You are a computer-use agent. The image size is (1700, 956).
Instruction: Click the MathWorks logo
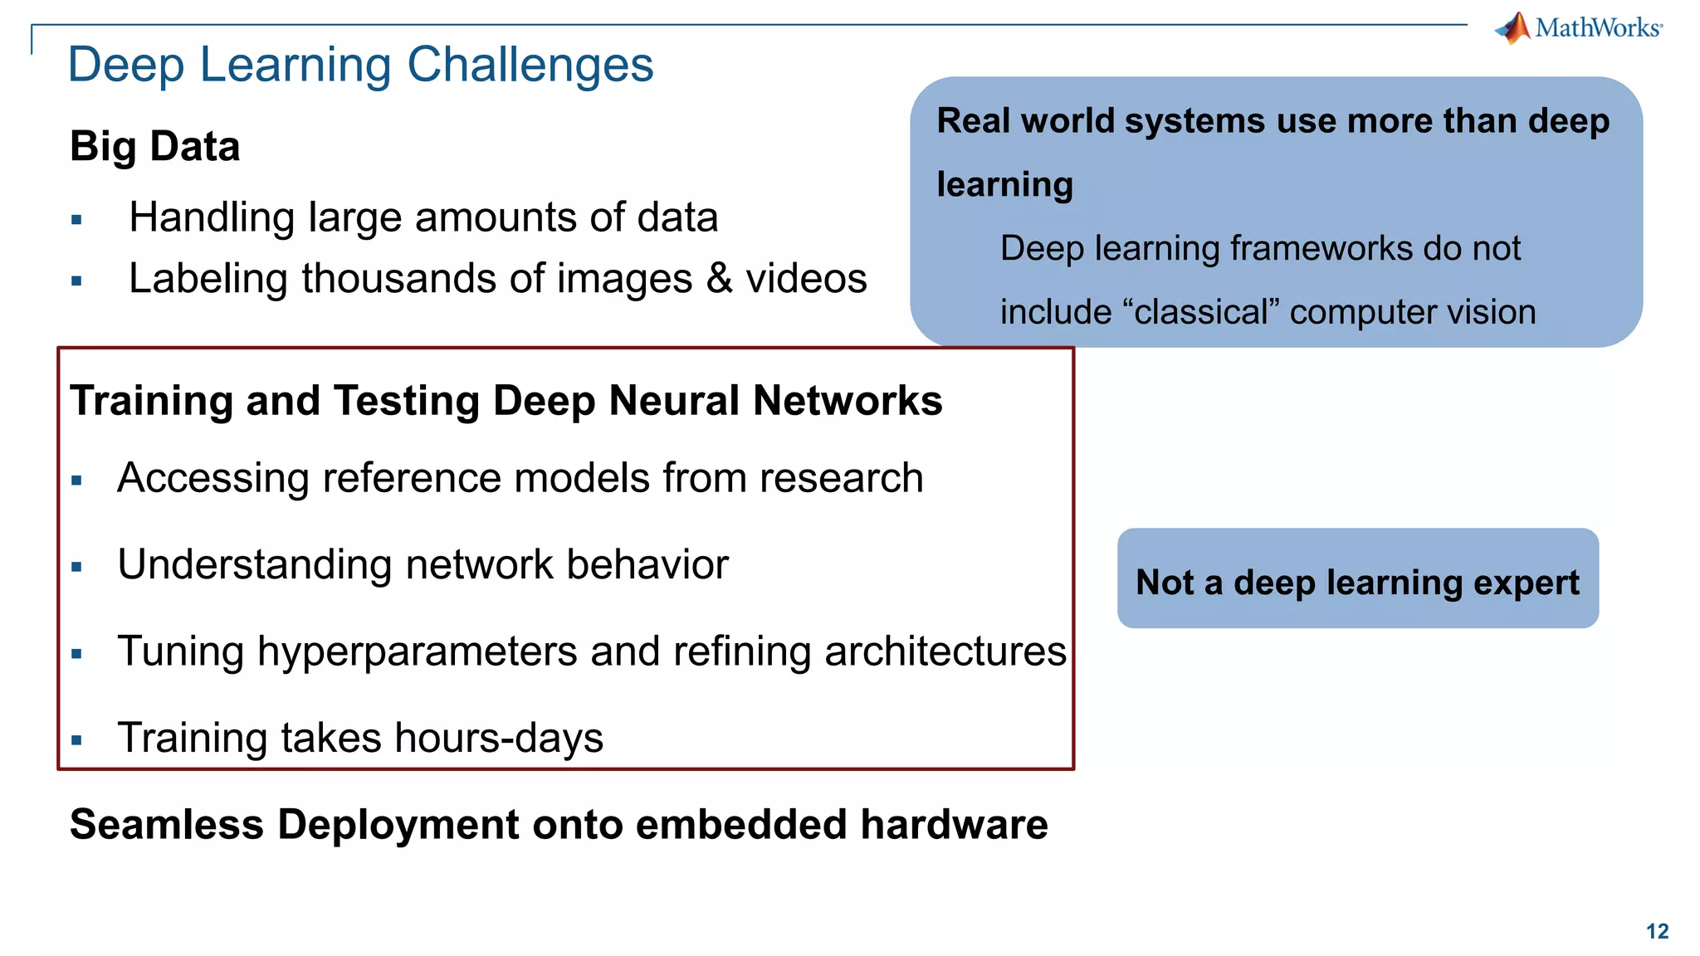point(1579,28)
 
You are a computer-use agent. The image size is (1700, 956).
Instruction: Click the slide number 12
point(1657,931)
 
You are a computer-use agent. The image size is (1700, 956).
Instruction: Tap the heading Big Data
point(155,147)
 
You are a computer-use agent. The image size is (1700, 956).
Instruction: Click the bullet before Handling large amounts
point(77,220)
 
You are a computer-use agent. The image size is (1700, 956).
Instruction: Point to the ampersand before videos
point(719,278)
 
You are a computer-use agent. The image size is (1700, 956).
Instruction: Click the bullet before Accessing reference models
point(77,480)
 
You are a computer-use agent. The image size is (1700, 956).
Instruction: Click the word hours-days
point(498,738)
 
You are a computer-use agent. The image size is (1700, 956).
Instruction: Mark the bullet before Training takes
point(77,740)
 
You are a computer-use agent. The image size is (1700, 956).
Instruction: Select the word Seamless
point(167,825)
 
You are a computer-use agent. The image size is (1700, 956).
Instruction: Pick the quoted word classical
point(1201,313)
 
